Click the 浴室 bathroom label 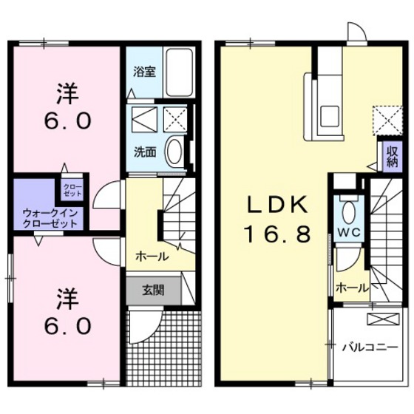tap(144, 72)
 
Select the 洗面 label tap(144, 152)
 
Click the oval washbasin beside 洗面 tap(174, 153)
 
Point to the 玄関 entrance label tap(155, 289)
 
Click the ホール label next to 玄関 tap(151, 257)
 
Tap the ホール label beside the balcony tap(350, 287)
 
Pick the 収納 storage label tap(390, 156)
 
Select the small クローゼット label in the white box tap(72, 189)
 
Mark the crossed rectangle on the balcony tap(384, 319)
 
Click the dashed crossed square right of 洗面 tap(177, 118)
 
